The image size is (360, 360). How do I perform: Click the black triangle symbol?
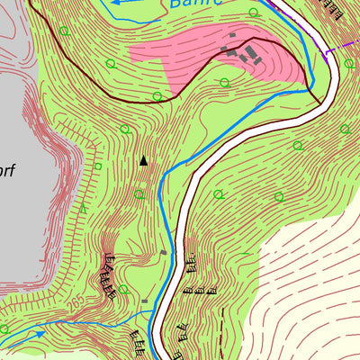point(142,161)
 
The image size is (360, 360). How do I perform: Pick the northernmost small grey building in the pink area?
point(233,36)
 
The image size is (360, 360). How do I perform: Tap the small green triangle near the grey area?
point(84,208)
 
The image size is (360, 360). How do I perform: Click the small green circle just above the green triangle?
point(98,166)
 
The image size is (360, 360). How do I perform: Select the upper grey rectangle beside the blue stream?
point(163,253)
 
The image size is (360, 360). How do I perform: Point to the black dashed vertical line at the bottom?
point(221,333)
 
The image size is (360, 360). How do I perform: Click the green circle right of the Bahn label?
point(253,13)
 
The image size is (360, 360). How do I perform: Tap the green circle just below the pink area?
point(223,83)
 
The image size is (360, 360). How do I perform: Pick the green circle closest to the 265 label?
point(4,329)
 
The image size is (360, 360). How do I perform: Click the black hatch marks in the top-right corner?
point(334,9)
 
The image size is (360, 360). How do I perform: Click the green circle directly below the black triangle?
point(139,193)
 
